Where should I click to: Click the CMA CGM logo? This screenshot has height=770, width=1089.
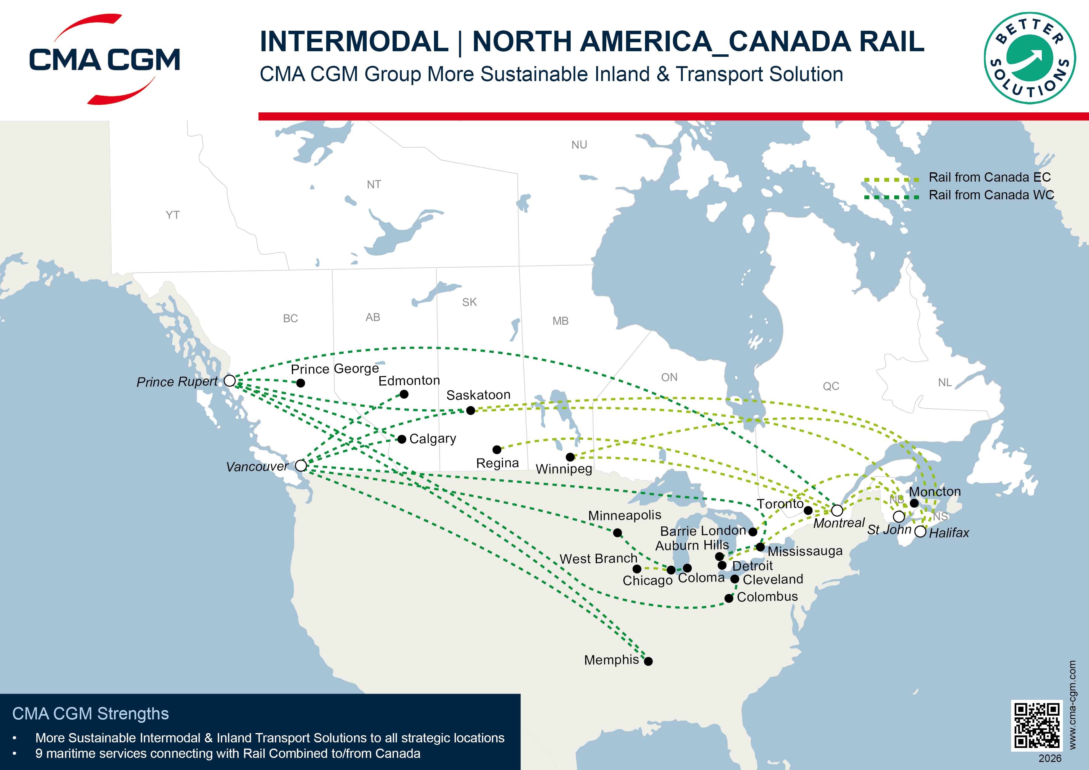pyautogui.click(x=104, y=59)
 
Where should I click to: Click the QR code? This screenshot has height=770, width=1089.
pyautogui.click(x=1037, y=725)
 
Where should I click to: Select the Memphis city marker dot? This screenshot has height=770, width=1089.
pyautogui.click(x=648, y=661)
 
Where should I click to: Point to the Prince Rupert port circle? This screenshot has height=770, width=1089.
pyautogui.click(x=229, y=380)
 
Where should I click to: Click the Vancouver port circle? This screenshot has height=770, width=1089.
pyautogui.click(x=301, y=465)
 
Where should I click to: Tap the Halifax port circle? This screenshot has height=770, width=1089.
pyautogui.click(x=920, y=531)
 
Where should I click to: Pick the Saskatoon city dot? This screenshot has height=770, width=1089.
pyautogui.click(x=471, y=410)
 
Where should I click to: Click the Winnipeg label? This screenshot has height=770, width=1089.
pyautogui.click(x=564, y=469)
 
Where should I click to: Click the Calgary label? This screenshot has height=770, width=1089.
pyautogui.click(x=432, y=439)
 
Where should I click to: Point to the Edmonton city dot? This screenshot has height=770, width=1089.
pyautogui.click(x=404, y=394)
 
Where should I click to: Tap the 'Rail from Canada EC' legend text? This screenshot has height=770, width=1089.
pyautogui.click(x=989, y=177)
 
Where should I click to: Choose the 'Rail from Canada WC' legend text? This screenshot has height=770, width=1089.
pyautogui.click(x=991, y=195)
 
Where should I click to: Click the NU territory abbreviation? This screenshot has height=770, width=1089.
pyautogui.click(x=579, y=145)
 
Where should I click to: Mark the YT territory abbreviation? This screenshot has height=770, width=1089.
pyautogui.click(x=173, y=215)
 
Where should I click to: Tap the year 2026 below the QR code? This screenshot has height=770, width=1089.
pyautogui.click(x=1050, y=759)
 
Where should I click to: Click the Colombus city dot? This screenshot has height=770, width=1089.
pyautogui.click(x=729, y=598)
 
